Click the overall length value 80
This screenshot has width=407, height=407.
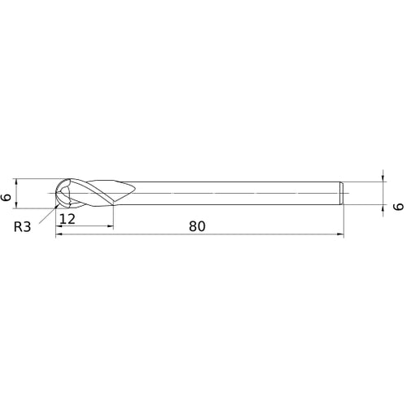click(x=196, y=226)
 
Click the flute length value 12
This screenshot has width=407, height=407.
click(x=68, y=219)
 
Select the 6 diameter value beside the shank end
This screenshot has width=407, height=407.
click(x=397, y=207)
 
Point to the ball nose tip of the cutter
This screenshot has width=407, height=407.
click(x=55, y=194)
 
